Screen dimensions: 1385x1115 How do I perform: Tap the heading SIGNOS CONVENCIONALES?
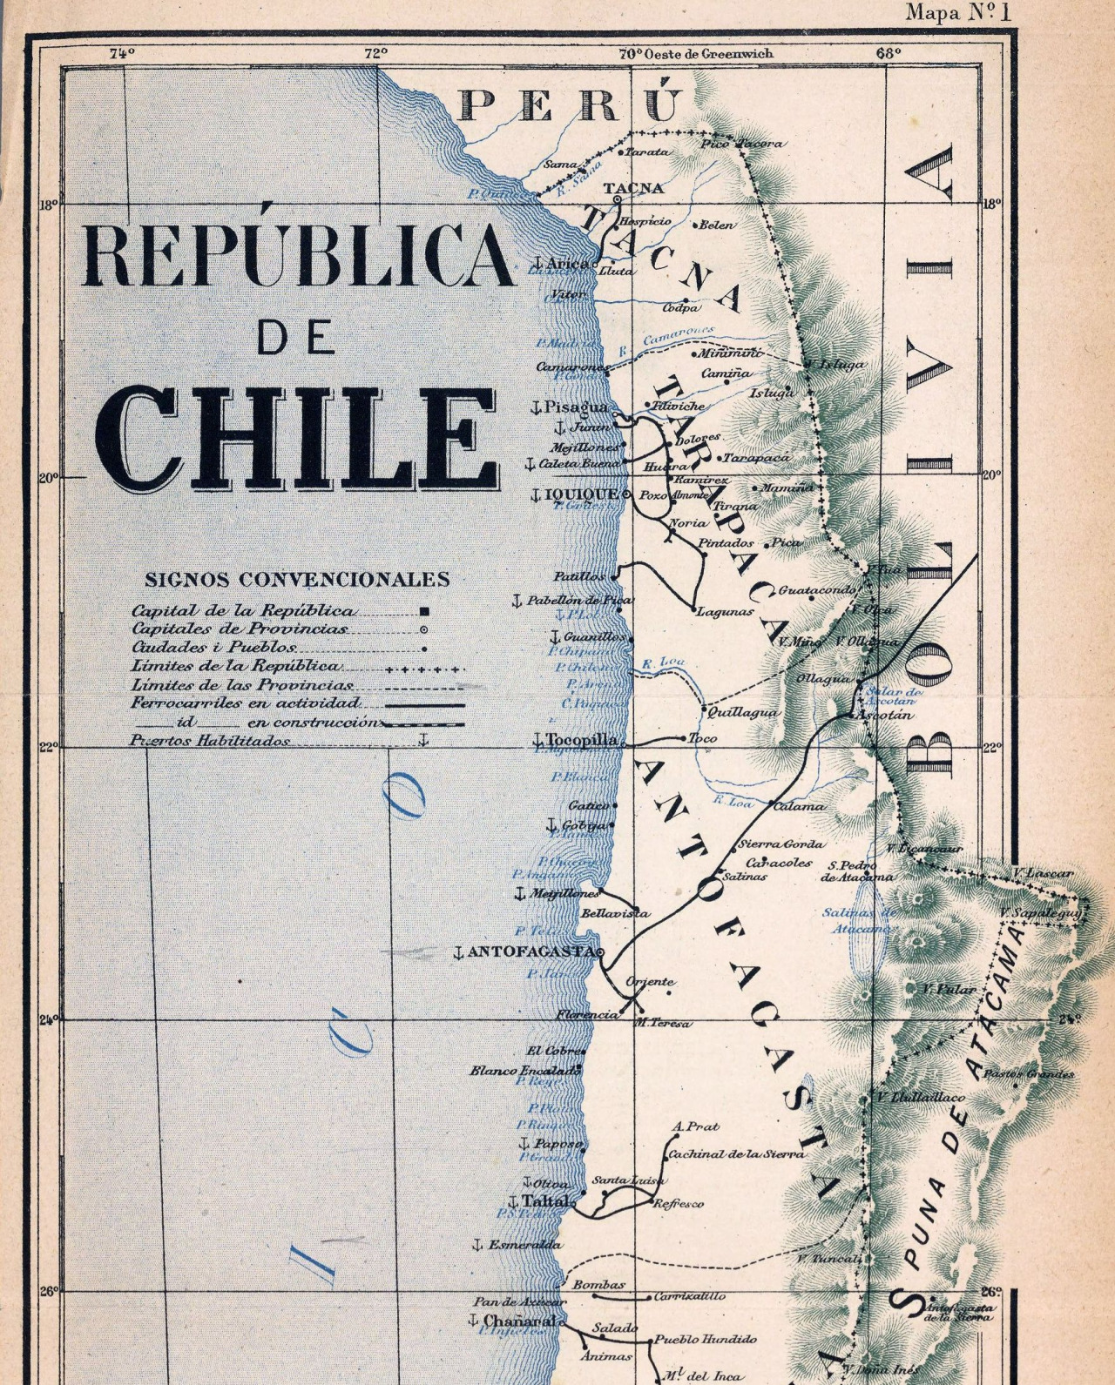pos(297,580)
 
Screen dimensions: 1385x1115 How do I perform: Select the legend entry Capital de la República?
pos(243,611)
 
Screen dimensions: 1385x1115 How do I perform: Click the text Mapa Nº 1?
pos(967,12)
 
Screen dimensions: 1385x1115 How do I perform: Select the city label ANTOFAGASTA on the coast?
pos(531,951)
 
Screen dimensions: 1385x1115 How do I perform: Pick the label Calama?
pos(800,806)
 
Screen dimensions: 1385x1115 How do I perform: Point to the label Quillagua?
pos(743,711)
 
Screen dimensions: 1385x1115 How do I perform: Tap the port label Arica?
pos(568,263)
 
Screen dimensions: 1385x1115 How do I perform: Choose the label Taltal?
pos(546,1200)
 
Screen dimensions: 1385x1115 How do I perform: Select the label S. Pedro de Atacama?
pos(856,871)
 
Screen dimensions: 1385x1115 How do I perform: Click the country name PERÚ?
pos(571,105)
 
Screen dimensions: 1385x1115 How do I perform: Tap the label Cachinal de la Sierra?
pos(736,1154)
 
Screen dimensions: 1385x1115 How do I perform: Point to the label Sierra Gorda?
pos(780,844)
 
